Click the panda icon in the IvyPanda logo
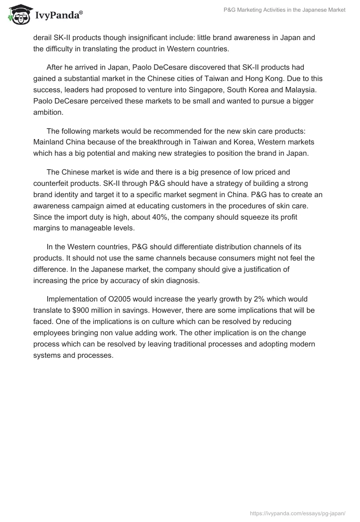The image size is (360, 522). (18, 14)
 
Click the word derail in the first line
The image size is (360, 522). (43, 38)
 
